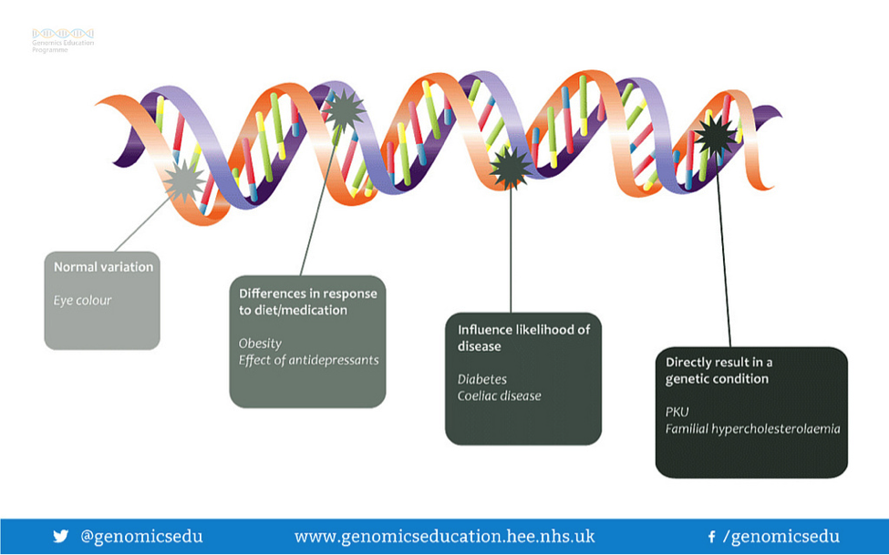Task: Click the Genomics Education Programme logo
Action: click(63, 41)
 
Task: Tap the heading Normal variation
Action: click(104, 267)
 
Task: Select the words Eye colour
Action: click(83, 301)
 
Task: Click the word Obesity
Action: click(260, 344)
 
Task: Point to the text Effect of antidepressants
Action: click(308, 360)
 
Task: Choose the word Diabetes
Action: click(482, 379)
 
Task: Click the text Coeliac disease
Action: click(500, 396)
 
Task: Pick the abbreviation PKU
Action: click(677, 412)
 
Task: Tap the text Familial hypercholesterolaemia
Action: click(753, 428)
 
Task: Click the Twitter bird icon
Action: click(61, 536)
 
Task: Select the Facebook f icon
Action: click(711, 536)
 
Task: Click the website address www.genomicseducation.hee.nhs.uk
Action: click(445, 536)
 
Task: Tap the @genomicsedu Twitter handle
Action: click(141, 536)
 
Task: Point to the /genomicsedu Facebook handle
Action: click(781, 536)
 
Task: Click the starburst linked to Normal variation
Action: click(183, 181)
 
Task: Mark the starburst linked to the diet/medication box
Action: click(343, 110)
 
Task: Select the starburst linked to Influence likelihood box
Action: click(511, 168)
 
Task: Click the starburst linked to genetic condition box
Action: click(716, 136)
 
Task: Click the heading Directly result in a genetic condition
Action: click(718, 370)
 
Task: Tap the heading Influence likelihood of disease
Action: click(524, 338)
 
